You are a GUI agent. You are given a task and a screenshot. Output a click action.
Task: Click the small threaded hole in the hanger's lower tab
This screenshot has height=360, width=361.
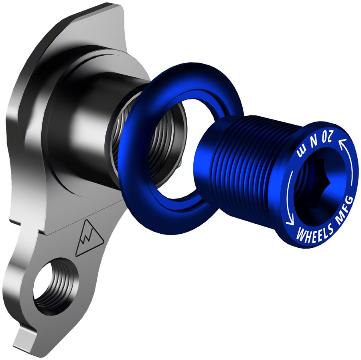(54, 287)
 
